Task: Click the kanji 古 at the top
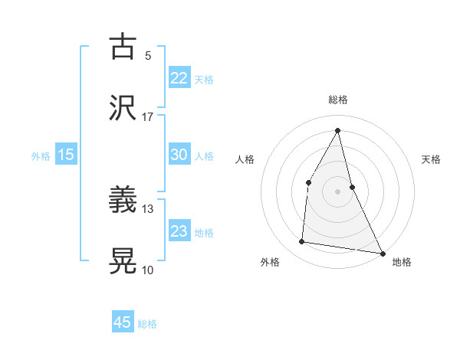point(123,47)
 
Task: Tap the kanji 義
point(123,201)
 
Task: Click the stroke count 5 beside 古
point(148,56)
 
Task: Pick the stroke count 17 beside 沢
point(148,117)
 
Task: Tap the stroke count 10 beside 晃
point(148,270)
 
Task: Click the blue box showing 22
point(179,77)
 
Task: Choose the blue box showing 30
point(179,155)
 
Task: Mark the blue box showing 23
point(179,231)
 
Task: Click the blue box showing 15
point(66,155)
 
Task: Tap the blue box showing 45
point(123,322)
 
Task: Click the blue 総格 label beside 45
point(147,324)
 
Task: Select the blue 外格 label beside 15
point(41,156)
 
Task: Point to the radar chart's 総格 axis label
point(337,100)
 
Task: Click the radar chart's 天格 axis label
point(432,159)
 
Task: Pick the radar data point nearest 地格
point(382,252)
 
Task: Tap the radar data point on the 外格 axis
point(302,242)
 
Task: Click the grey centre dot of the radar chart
point(337,190)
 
